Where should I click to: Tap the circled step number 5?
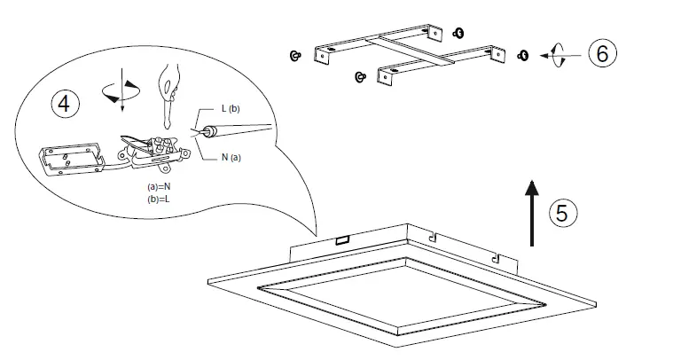563,214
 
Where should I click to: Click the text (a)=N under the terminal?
160,187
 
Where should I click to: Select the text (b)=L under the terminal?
160,200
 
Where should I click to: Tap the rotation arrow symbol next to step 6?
556,55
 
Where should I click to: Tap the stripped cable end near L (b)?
210,131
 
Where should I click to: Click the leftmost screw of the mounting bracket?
293,56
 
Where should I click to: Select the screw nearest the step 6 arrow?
523,56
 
